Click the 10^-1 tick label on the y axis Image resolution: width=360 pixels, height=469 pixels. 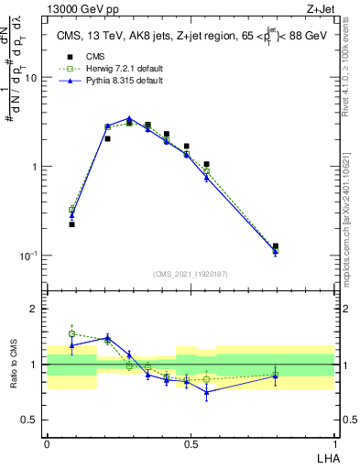coord(29,256)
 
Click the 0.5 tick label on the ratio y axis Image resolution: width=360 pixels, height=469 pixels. coord(31,420)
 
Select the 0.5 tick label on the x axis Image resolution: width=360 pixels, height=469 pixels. coord(191,442)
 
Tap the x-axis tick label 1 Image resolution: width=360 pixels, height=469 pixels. coord(334,442)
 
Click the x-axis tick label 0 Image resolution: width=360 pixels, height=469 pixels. coord(47,442)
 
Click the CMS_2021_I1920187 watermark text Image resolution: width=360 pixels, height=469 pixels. coord(191,273)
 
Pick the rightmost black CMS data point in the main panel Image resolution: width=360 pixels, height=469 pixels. coord(276,246)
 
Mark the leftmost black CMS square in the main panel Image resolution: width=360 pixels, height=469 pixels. coord(71,224)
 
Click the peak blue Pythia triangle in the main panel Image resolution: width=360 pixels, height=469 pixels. coord(129,118)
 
